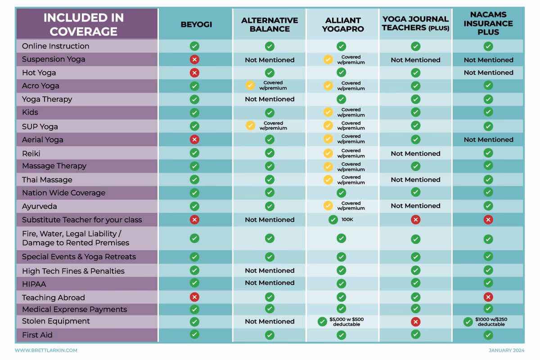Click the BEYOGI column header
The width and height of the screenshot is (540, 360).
194,24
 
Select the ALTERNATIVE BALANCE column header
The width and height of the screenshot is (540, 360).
270,24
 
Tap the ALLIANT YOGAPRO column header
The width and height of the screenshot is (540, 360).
342,24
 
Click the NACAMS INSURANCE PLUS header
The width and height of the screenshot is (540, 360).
488,23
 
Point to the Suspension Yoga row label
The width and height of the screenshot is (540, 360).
54,59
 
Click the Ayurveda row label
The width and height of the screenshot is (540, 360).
40,206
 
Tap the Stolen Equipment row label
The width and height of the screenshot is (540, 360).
56,321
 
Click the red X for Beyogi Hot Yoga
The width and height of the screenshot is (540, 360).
194,72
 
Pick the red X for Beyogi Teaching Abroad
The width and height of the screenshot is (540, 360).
194,297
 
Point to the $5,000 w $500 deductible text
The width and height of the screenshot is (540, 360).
346,322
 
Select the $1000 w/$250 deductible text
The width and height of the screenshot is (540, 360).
491,322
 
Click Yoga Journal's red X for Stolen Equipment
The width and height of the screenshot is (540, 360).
416,322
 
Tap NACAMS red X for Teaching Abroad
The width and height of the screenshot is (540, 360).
488,297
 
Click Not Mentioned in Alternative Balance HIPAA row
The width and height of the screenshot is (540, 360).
270,283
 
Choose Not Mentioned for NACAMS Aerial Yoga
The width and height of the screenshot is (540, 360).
488,139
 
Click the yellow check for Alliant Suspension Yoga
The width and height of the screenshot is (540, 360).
328,59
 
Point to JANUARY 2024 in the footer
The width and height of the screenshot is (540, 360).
506,350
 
